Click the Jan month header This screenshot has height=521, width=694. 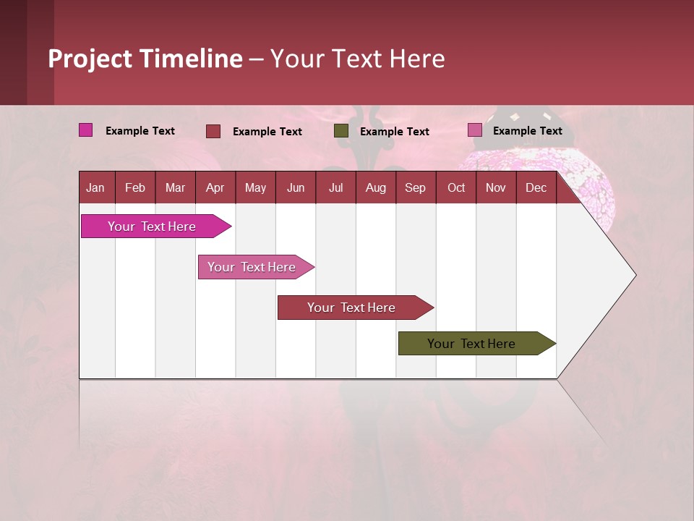point(96,187)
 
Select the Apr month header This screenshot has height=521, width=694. point(215,187)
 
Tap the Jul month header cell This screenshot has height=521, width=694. point(336,187)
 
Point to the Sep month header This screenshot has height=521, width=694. point(416,187)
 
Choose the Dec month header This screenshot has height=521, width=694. point(536,187)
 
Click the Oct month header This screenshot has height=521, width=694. point(456,187)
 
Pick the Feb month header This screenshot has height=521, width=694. point(135,187)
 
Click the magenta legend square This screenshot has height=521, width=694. point(86,130)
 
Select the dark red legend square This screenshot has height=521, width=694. point(213,131)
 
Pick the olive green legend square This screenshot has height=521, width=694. point(341,131)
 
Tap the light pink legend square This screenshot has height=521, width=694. point(475,130)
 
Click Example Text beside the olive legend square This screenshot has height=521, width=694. point(395,132)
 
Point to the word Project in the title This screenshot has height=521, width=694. point(90,59)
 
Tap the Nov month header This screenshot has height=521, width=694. point(496,187)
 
